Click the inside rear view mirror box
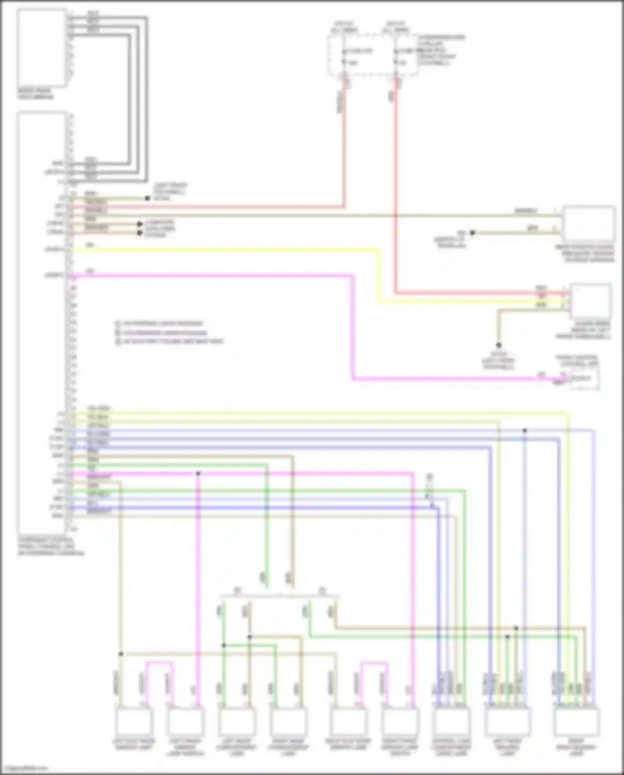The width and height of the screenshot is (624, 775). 42,48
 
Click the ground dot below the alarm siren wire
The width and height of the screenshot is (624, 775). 498,345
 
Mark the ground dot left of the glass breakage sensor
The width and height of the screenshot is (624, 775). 472,233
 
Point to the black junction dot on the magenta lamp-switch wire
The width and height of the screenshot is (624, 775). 198,473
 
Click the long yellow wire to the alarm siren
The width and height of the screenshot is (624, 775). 250,250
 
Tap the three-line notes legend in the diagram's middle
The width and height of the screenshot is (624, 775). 169,332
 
